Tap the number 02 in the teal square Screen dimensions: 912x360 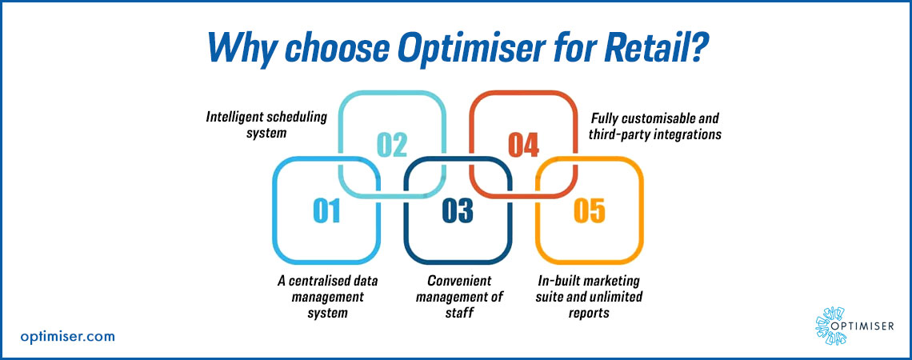pyautogui.click(x=392, y=145)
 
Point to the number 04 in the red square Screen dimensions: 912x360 pyautogui.click(x=523, y=145)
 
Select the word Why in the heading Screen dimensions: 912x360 pyautogui.click(x=239, y=48)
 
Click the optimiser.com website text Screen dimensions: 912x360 pyautogui.click(x=67, y=336)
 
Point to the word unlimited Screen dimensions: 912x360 pyautogui.click(x=616, y=297)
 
